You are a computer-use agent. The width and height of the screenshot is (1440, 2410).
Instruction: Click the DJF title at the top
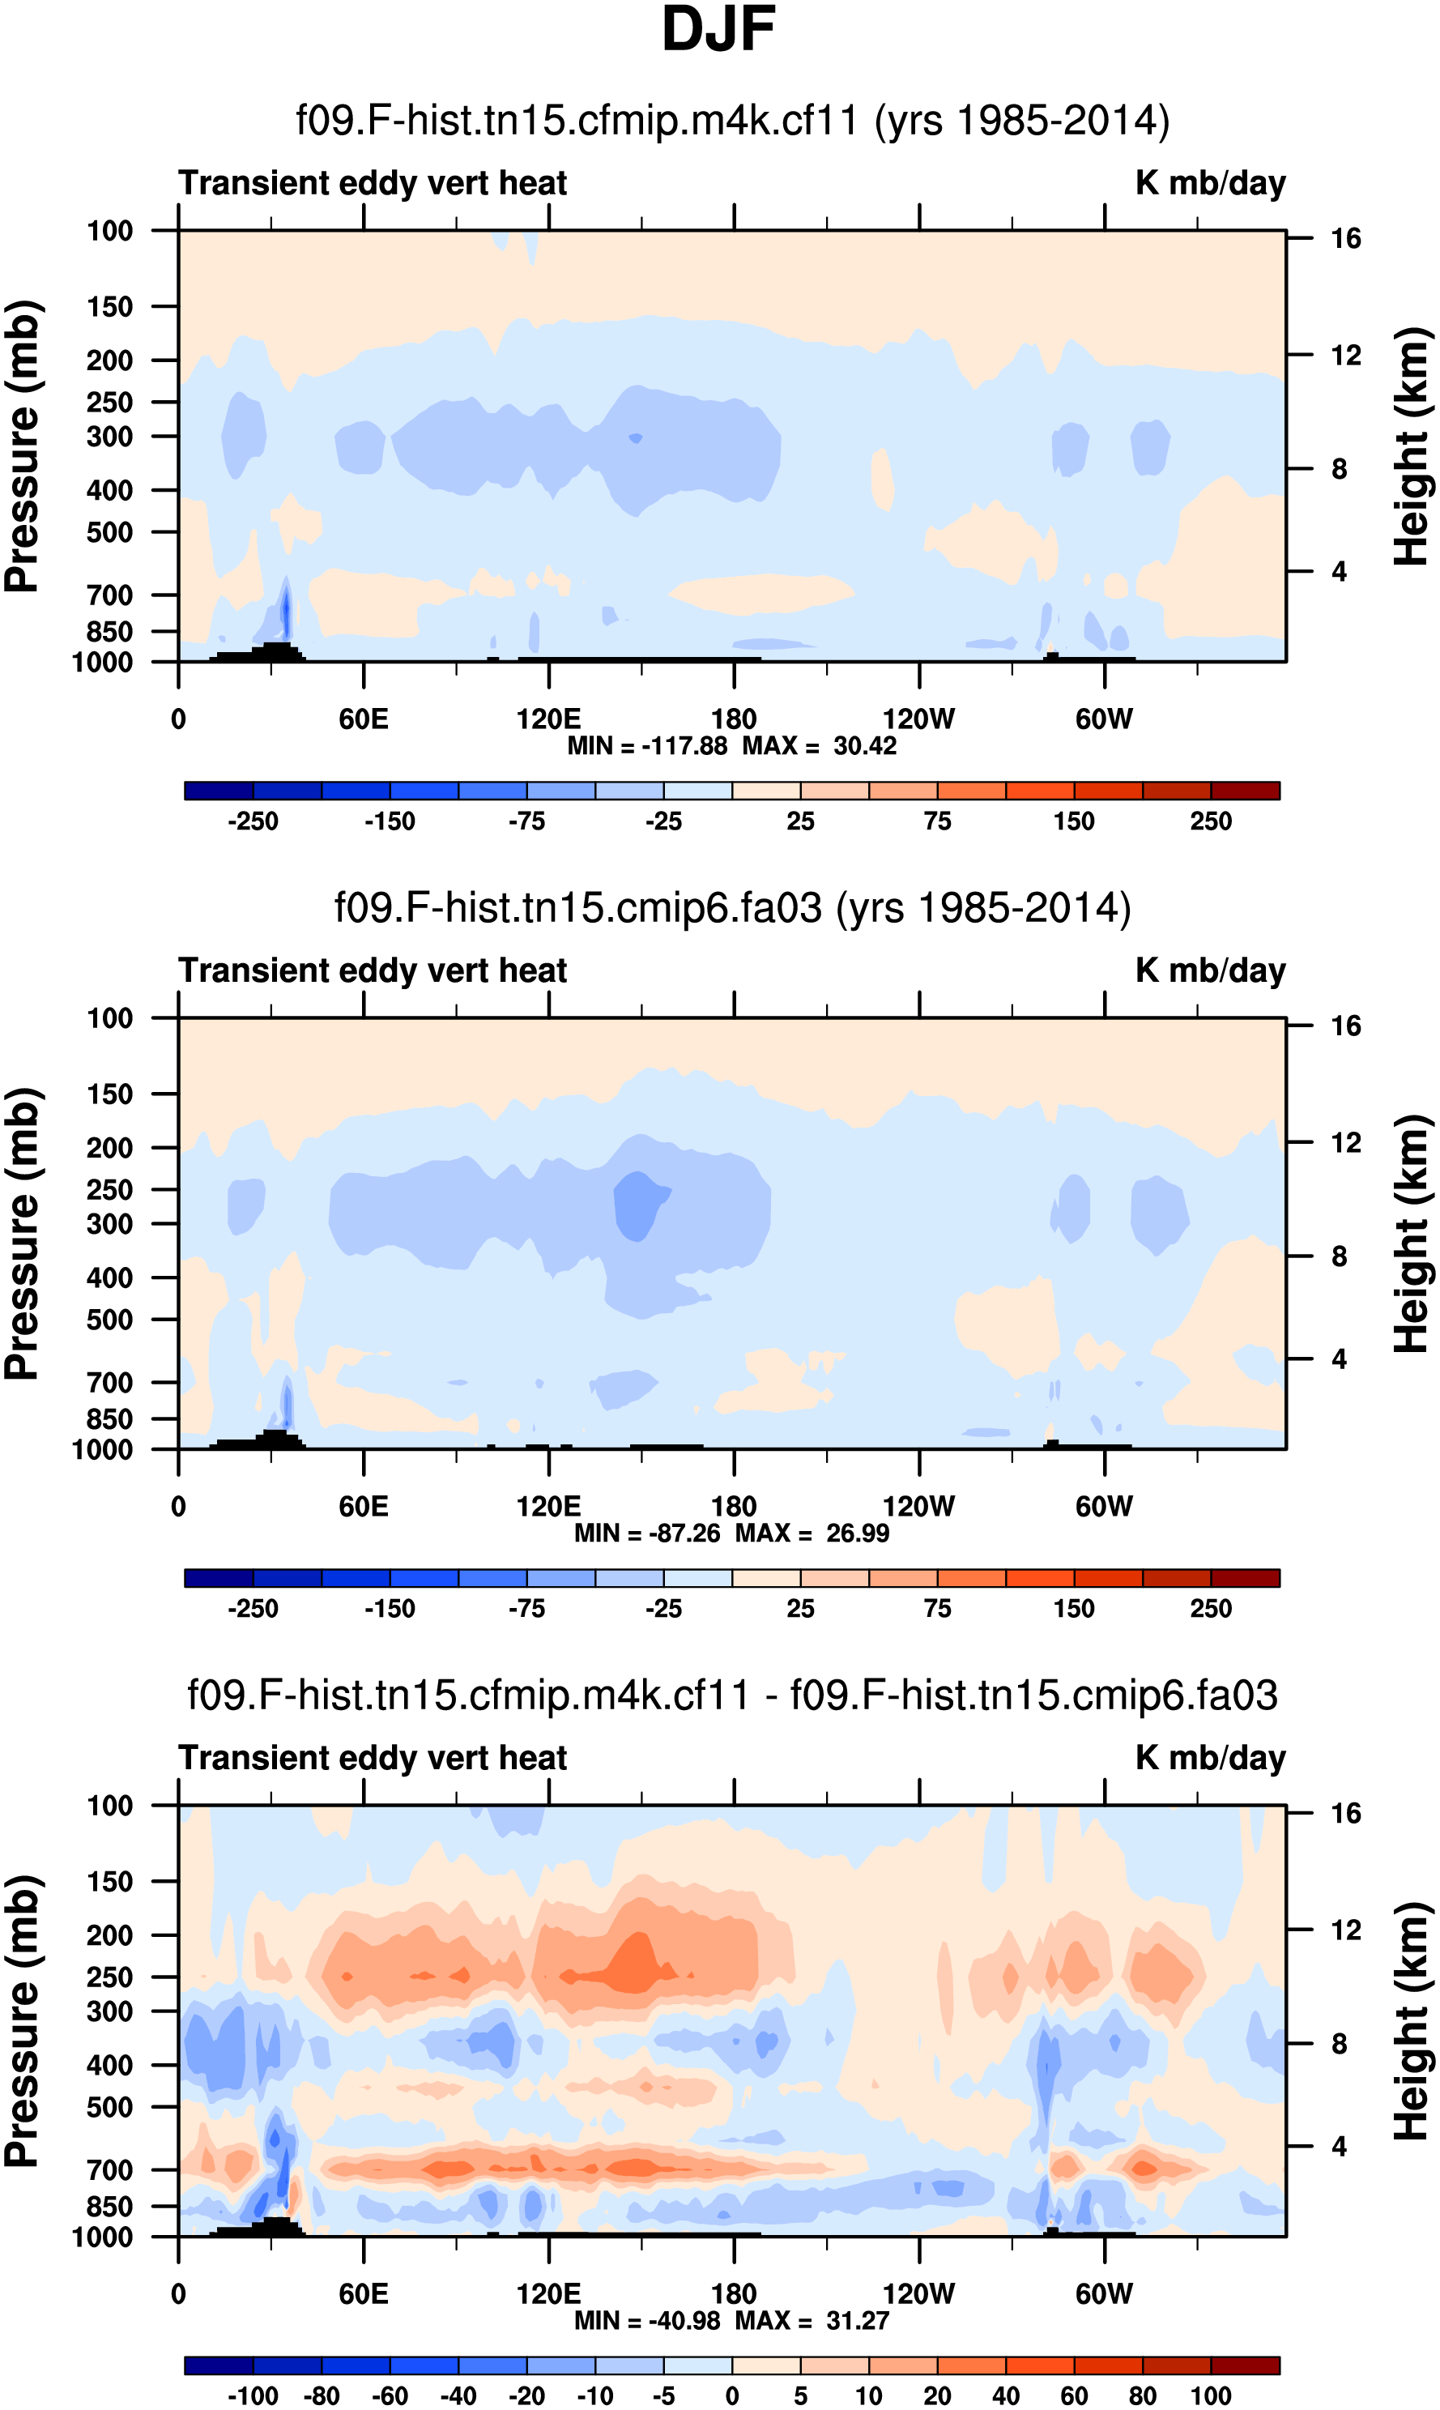[x=718, y=29]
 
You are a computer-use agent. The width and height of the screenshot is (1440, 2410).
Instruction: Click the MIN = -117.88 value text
[x=647, y=746]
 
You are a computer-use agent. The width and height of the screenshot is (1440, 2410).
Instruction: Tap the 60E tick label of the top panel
[x=364, y=719]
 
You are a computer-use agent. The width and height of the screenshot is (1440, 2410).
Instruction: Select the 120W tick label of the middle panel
[x=918, y=1507]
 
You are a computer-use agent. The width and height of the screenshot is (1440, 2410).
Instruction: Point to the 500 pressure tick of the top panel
[x=109, y=533]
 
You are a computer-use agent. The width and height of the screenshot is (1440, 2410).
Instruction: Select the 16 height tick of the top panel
[x=1346, y=239]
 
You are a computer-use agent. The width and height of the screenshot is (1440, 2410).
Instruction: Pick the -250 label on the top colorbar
[x=253, y=821]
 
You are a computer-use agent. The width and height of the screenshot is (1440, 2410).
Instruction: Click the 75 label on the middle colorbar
[x=937, y=1608]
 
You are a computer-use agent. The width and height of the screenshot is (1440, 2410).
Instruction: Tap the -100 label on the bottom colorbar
[x=253, y=2395]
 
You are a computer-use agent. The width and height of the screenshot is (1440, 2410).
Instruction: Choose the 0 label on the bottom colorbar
[x=733, y=2395]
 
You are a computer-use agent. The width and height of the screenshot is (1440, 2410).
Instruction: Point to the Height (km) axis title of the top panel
[x=1412, y=446]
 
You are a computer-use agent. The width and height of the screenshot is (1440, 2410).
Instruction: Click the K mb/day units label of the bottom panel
[x=1210, y=1758]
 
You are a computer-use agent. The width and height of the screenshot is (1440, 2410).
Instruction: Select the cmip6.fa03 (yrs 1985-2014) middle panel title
[x=733, y=908]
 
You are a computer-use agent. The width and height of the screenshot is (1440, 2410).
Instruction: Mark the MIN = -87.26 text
[x=647, y=1533]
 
